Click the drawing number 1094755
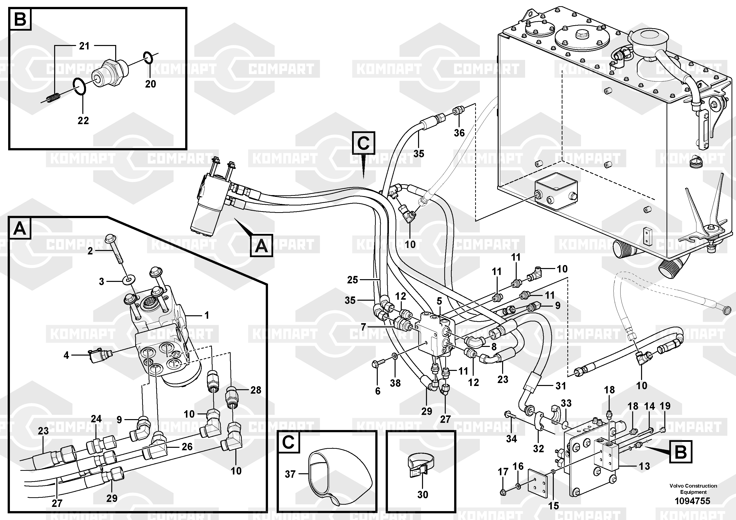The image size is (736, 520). [692, 500]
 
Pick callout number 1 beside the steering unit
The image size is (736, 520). [206, 315]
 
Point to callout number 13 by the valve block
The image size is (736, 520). [644, 466]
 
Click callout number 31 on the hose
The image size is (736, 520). [561, 386]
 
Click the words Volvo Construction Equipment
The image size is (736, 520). [693, 489]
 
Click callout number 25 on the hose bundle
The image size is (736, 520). [352, 280]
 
